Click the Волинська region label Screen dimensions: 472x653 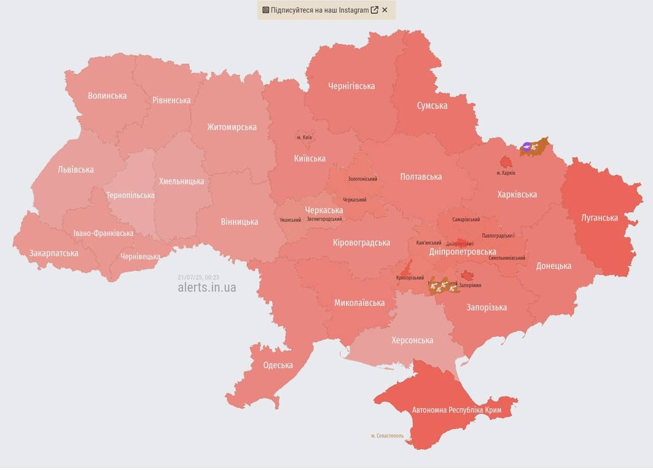tap(107, 96)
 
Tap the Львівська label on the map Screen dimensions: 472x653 tap(76, 170)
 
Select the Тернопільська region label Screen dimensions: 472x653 tap(130, 195)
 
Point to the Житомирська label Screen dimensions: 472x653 tap(232, 127)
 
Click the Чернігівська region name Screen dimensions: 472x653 tap(351, 86)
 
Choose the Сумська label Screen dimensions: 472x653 tap(432, 106)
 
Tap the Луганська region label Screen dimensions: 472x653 tap(600, 218)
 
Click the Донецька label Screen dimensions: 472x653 tap(553, 266)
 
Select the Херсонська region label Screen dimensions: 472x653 tap(412, 340)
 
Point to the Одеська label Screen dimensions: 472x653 tap(278, 365)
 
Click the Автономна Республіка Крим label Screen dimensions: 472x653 tap(456, 410)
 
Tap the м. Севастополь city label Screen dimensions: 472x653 tap(388, 436)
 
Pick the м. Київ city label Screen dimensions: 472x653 tap(304, 137)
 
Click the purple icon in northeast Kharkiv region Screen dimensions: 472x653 tap(526, 146)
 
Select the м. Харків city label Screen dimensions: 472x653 tap(506, 173)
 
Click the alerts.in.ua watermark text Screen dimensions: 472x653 tap(206, 288)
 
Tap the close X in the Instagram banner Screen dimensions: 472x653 tap(385, 10)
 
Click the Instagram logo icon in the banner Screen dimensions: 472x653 tap(266, 10)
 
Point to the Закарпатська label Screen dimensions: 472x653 tap(53, 253)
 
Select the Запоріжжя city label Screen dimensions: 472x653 tap(470, 285)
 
